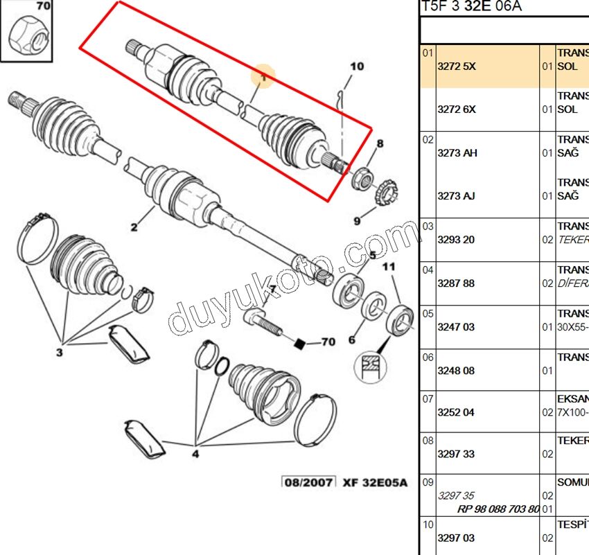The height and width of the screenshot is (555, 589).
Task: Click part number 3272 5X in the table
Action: click(x=457, y=67)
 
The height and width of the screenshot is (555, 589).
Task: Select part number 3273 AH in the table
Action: click(x=457, y=153)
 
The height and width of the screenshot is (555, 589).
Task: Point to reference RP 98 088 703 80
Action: click(x=498, y=509)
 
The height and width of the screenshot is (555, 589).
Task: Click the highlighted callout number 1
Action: click(x=263, y=78)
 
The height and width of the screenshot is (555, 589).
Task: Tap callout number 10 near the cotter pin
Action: click(x=356, y=67)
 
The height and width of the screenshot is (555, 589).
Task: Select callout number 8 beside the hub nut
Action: click(x=379, y=144)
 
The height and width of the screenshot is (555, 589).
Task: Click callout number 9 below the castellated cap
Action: click(x=358, y=221)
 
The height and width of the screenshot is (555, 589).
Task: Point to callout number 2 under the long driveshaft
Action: click(x=134, y=227)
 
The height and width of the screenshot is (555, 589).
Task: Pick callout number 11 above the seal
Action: click(x=389, y=267)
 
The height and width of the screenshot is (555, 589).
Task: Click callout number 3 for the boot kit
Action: click(x=59, y=353)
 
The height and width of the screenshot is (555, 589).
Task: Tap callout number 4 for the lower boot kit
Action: click(x=195, y=455)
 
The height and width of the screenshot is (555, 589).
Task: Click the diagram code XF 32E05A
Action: click(x=375, y=482)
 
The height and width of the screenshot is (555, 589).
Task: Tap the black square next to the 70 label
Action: click(x=300, y=342)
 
